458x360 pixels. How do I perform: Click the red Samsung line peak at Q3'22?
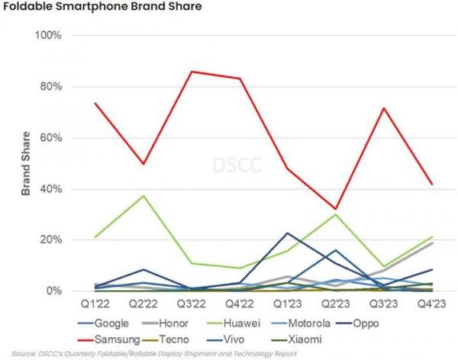pos(190,72)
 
